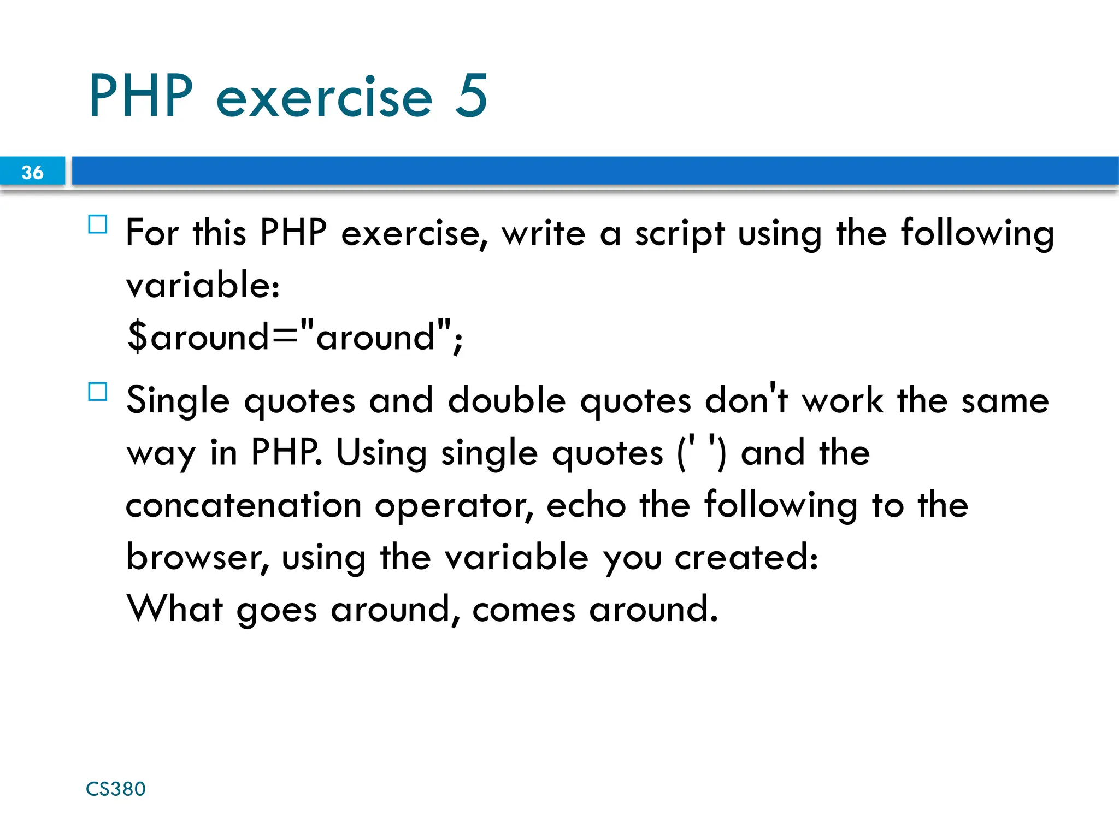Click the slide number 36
point(32,172)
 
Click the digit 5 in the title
point(471,96)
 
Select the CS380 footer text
point(116,789)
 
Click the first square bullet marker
point(98,224)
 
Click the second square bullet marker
point(98,392)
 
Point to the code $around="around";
point(295,336)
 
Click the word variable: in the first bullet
point(203,285)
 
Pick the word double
point(507,400)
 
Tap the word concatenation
point(244,505)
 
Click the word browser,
point(198,557)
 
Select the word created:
point(746,557)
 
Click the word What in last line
point(175,608)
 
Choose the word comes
point(523,610)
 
